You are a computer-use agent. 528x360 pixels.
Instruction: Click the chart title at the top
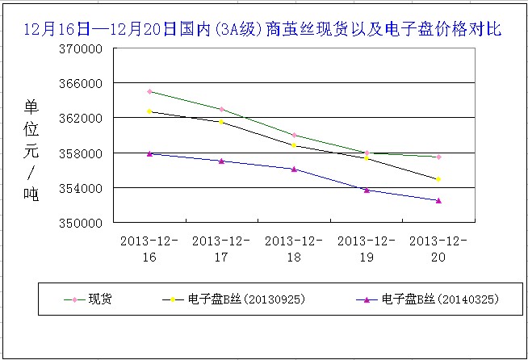pos(263,30)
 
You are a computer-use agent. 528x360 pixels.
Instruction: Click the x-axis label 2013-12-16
pos(149,248)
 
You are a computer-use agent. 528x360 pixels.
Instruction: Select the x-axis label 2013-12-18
pos(294,248)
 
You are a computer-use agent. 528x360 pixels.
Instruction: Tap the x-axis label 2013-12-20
pos(438,248)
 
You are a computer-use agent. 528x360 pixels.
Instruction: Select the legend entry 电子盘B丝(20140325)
pos(440,299)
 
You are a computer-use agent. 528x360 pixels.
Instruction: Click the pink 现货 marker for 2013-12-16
pos(149,91)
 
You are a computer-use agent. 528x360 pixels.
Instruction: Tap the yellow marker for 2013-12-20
pos(438,179)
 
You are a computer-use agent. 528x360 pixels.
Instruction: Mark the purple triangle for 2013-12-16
pos(149,153)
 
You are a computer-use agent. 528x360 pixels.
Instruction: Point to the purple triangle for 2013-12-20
pos(438,200)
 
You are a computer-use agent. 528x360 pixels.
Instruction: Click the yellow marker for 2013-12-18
pos(294,145)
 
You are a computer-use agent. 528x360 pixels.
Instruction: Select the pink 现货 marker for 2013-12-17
pos(221,109)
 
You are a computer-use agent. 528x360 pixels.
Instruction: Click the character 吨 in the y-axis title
pos(31,194)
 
